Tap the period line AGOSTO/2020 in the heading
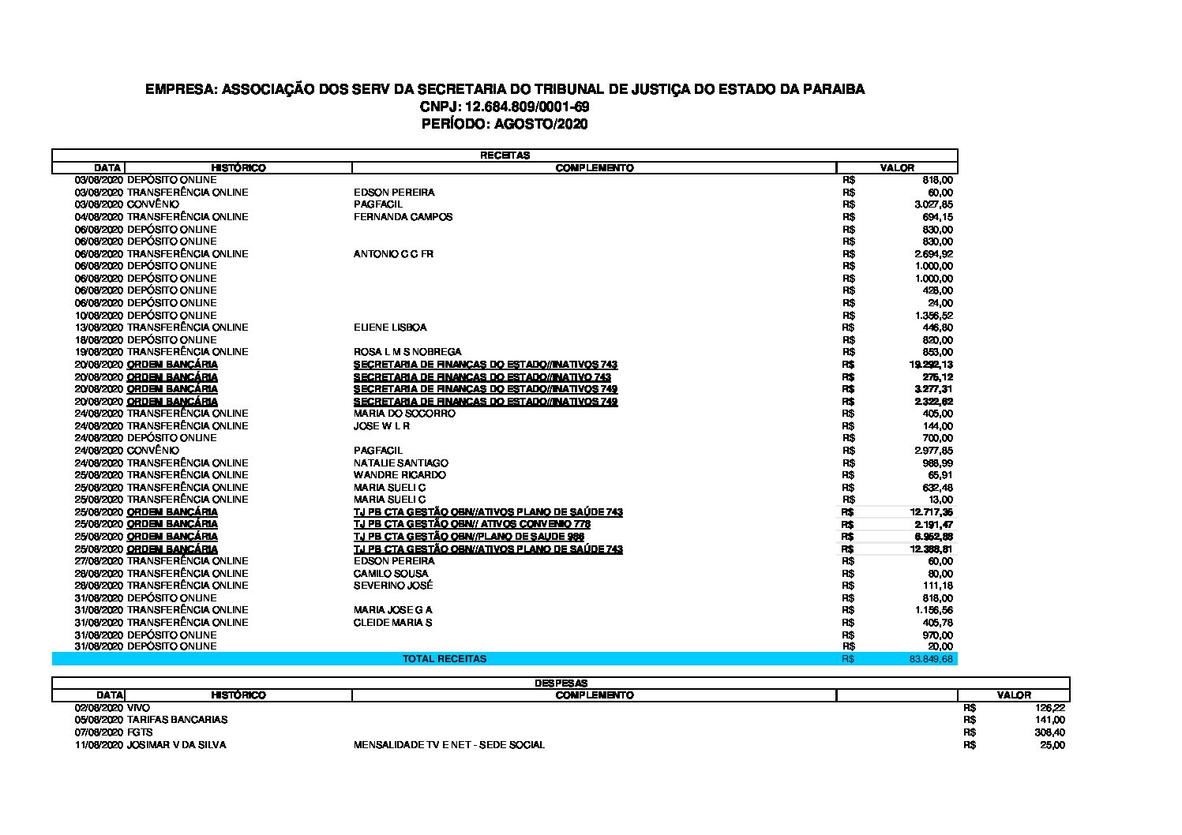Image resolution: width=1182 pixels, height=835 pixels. (x=505, y=124)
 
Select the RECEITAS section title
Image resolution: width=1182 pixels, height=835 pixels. (x=505, y=155)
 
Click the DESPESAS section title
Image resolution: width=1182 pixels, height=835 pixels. (x=561, y=683)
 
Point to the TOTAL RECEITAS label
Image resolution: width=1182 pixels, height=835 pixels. (x=445, y=658)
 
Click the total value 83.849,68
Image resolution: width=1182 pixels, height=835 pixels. (x=931, y=658)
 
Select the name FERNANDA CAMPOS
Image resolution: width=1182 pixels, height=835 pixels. (x=403, y=217)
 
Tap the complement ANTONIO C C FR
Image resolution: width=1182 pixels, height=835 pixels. (x=393, y=254)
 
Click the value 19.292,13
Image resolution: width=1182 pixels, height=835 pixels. (x=931, y=365)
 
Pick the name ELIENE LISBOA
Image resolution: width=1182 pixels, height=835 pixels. (x=390, y=328)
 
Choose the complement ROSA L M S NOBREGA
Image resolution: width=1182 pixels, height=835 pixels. (x=407, y=352)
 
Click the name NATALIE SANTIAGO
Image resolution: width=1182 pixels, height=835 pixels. (x=400, y=463)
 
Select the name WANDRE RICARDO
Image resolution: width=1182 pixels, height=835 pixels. (x=400, y=475)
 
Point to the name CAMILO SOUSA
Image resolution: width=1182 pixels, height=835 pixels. (x=391, y=574)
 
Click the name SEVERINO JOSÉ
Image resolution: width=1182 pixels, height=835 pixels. (x=393, y=586)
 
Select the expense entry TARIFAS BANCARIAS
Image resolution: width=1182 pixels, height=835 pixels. (x=177, y=720)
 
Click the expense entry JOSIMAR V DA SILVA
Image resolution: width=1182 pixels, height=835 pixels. (x=176, y=745)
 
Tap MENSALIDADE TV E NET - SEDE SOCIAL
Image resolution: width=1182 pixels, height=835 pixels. (x=448, y=745)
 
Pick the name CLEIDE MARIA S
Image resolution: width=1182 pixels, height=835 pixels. (x=392, y=623)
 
